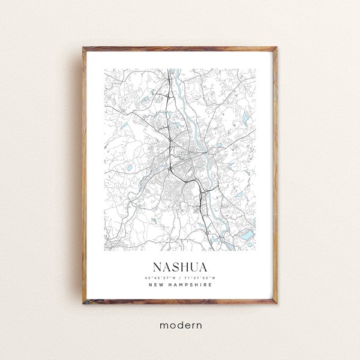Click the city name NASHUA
tap(180, 265)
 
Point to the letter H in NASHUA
tap(184, 265)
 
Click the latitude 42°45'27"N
tap(159, 278)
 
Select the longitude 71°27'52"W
tap(202, 278)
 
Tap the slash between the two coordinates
tap(180, 278)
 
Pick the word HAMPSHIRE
tap(191, 286)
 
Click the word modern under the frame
tap(180, 326)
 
